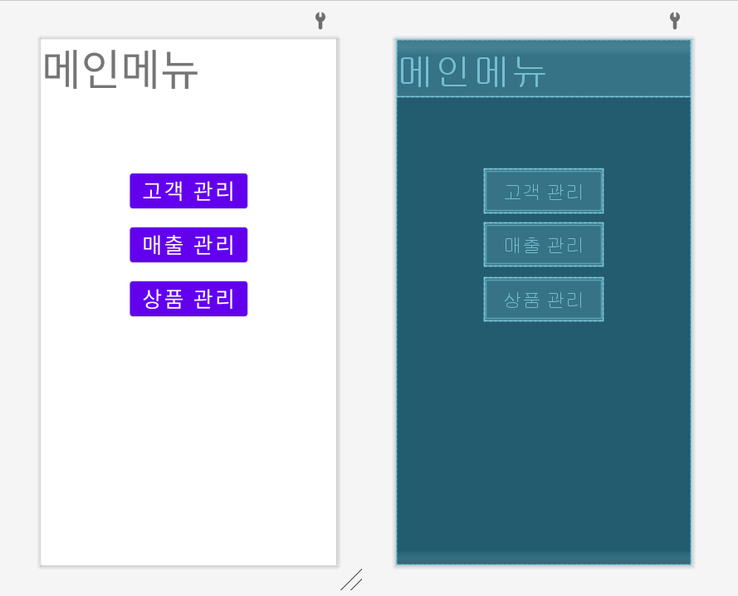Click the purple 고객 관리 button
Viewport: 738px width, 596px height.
coord(188,191)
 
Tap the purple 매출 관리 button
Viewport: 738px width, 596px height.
coord(188,245)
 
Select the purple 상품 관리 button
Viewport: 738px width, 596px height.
coord(188,299)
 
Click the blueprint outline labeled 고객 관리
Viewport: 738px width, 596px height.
coord(543,192)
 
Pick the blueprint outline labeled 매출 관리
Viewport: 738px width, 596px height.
coord(543,245)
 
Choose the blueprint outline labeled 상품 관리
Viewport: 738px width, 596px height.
coord(543,299)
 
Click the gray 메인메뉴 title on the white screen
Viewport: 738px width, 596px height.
coord(120,70)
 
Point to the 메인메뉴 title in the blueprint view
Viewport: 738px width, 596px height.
coord(472,71)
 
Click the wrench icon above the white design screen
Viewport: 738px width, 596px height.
coord(320,21)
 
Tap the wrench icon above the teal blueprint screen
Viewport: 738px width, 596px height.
coord(674,21)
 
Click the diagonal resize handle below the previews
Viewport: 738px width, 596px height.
coord(351,579)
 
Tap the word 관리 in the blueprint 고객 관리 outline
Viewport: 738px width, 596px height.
coord(565,192)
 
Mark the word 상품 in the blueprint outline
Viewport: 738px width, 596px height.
coord(521,299)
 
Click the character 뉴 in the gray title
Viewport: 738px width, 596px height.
coord(179,70)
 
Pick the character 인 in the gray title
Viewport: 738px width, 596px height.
coord(100,70)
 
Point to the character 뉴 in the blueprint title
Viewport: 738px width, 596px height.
coord(529,71)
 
